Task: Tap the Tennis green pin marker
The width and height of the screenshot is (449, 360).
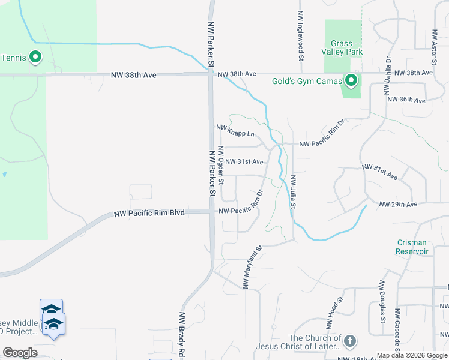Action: coord(35,58)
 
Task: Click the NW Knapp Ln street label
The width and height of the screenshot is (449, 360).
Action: coord(235,127)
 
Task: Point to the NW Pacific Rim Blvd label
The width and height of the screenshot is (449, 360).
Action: coord(150,214)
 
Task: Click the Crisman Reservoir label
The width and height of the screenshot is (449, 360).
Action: coord(412,247)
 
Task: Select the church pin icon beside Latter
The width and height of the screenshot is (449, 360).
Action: coord(351,341)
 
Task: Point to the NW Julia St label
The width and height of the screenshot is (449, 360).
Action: coord(294,191)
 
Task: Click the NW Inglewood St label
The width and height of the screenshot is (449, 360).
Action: coord(301,36)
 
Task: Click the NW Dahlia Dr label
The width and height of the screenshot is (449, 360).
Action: coord(388,77)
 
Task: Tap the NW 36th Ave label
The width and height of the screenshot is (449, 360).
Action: coord(406,100)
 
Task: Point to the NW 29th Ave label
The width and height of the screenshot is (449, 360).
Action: coord(398,205)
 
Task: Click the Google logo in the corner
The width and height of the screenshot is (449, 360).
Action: coord(20,353)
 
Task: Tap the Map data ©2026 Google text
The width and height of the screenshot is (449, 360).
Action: coord(412,355)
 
